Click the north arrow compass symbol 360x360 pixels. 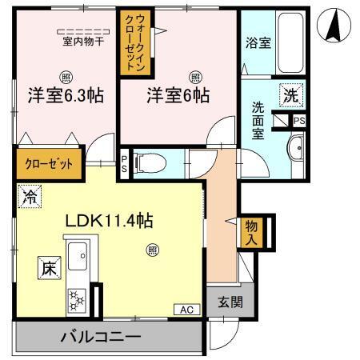[x=336, y=26]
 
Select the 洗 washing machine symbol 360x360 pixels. [x=291, y=94]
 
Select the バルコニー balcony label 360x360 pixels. [x=101, y=336]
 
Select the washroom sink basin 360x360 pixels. [x=295, y=148]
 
